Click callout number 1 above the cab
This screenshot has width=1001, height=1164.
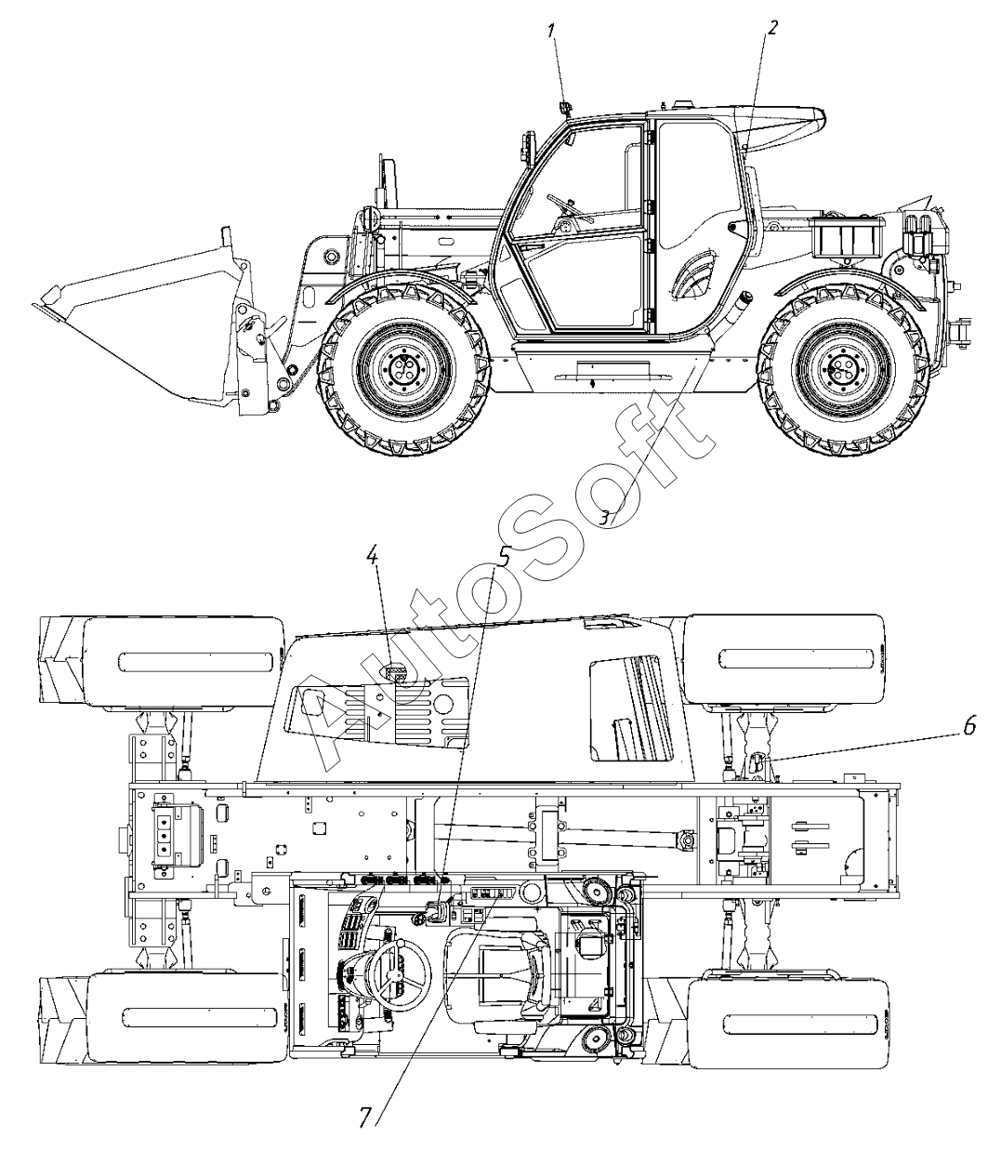click(x=552, y=30)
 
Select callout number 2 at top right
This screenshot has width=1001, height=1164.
click(x=772, y=27)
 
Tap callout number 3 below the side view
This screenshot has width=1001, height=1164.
click(x=604, y=517)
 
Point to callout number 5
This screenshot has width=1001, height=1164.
click(x=504, y=556)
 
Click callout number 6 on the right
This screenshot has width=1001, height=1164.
click(x=968, y=726)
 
